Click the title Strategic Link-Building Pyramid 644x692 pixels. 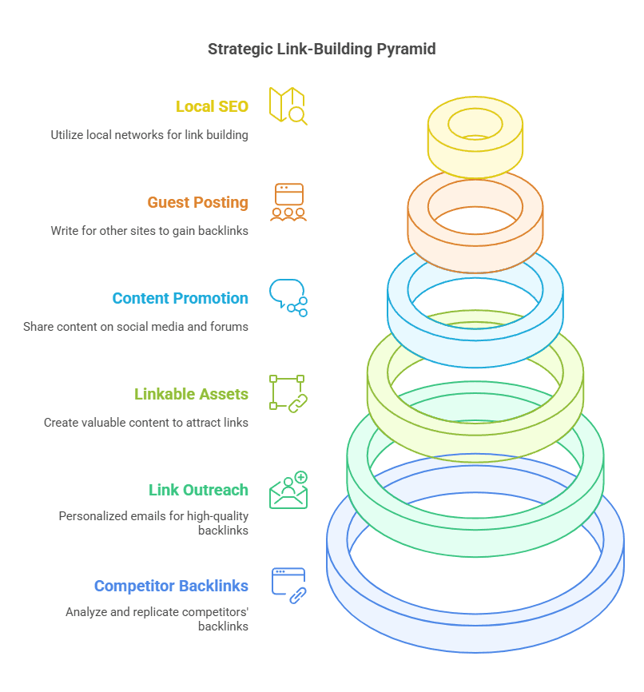(x=322, y=49)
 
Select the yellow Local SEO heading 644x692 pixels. (x=212, y=106)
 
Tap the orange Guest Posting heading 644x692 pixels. (x=197, y=202)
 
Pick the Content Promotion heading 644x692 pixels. (x=180, y=298)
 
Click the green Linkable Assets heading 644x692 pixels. (x=191, y=394)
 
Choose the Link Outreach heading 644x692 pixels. (x=198, y=490)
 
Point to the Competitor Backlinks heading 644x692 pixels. (x=171, y=586)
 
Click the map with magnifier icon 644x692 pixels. (x=288, y=105)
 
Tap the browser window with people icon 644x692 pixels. (x=288, y=202)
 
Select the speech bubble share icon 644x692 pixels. (x=288, y=297)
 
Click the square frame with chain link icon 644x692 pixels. (x=288, y=394)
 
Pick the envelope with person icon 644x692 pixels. (x=288, y=490)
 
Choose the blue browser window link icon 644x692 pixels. (x=288, y=586)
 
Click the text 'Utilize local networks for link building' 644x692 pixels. (x=149, y=135)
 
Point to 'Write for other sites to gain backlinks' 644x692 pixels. (x=149, y=231)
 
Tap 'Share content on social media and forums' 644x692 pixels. (x=136, y=327)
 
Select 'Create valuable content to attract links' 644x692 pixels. (x=146, y=423)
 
